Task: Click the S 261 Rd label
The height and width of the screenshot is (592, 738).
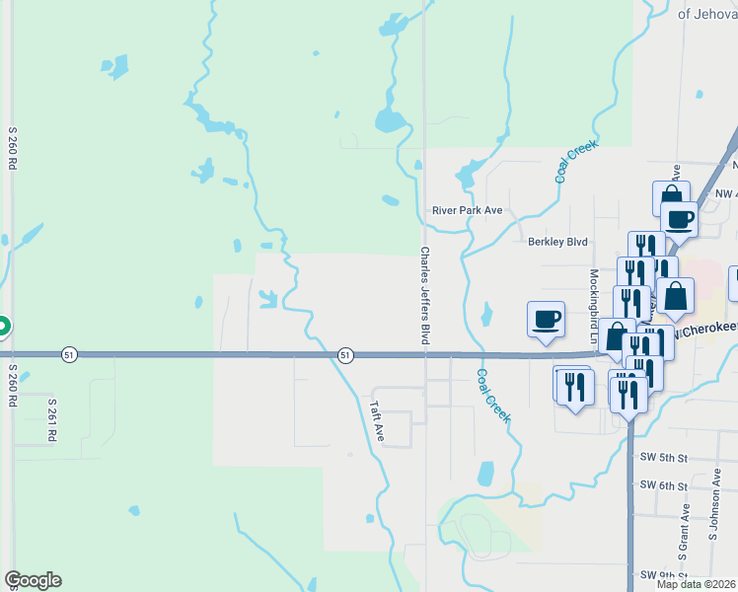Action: point(51,418)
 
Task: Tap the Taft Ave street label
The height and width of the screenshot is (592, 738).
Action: point(376,419)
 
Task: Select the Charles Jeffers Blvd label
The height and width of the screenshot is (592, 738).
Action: point(425,295)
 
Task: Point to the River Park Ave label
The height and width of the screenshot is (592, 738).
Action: point(467,210)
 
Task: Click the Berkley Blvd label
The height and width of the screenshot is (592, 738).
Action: point(557,242)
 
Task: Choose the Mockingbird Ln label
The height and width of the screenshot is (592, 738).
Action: point(594,305)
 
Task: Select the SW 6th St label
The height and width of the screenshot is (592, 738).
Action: point(662,484)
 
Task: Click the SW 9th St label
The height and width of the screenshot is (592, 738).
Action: point(662,574)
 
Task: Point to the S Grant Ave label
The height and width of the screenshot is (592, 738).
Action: point(684,525)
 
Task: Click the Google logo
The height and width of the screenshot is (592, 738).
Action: point(33,580)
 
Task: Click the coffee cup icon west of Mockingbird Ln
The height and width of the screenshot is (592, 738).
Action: point(547,319)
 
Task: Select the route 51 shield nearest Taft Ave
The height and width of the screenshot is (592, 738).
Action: point(344,353)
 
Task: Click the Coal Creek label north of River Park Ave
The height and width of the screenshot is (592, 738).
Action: point(577,160)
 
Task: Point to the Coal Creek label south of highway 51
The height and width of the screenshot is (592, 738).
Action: point(493,396)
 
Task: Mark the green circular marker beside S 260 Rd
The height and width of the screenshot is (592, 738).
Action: point(2,326)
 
